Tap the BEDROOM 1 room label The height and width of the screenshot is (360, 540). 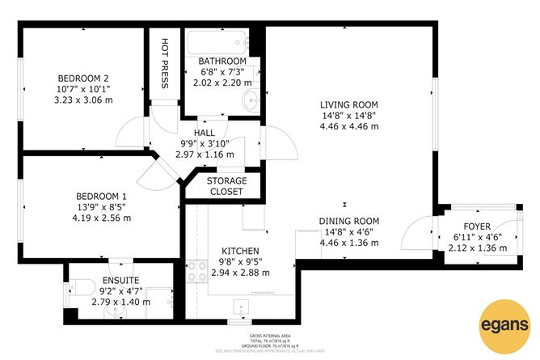click(101, 196)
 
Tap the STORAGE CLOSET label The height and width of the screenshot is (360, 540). click(226, 186)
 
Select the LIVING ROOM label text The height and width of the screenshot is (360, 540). click(348, 104)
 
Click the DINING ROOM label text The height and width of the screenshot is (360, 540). click(348, 221)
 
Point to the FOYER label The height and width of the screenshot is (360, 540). click(477, 226)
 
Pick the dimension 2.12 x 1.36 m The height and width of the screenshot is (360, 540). click(477, 248)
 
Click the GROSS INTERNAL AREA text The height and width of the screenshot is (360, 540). click(269, 335)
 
